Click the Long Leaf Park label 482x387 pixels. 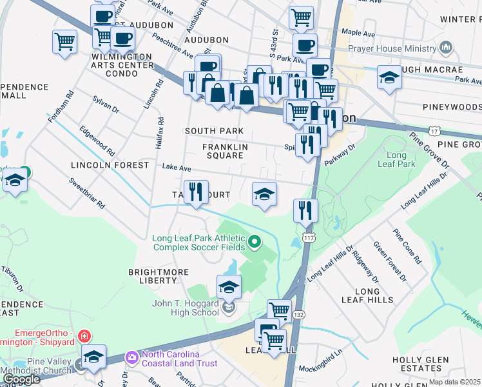click(396, 160)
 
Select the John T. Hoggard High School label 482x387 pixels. click(185, 308)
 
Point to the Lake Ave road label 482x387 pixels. click(176, 166)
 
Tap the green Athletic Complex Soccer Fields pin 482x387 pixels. click(255, 242)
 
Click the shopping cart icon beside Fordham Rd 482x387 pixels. click(65, 42)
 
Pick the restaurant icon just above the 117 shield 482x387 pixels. click(305, 210)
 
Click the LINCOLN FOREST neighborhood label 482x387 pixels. click(110, 166)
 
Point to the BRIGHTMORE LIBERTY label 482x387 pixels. click(152, 276)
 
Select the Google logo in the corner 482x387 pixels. click(21, 379)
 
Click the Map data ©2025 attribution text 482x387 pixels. click(454, 382)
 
